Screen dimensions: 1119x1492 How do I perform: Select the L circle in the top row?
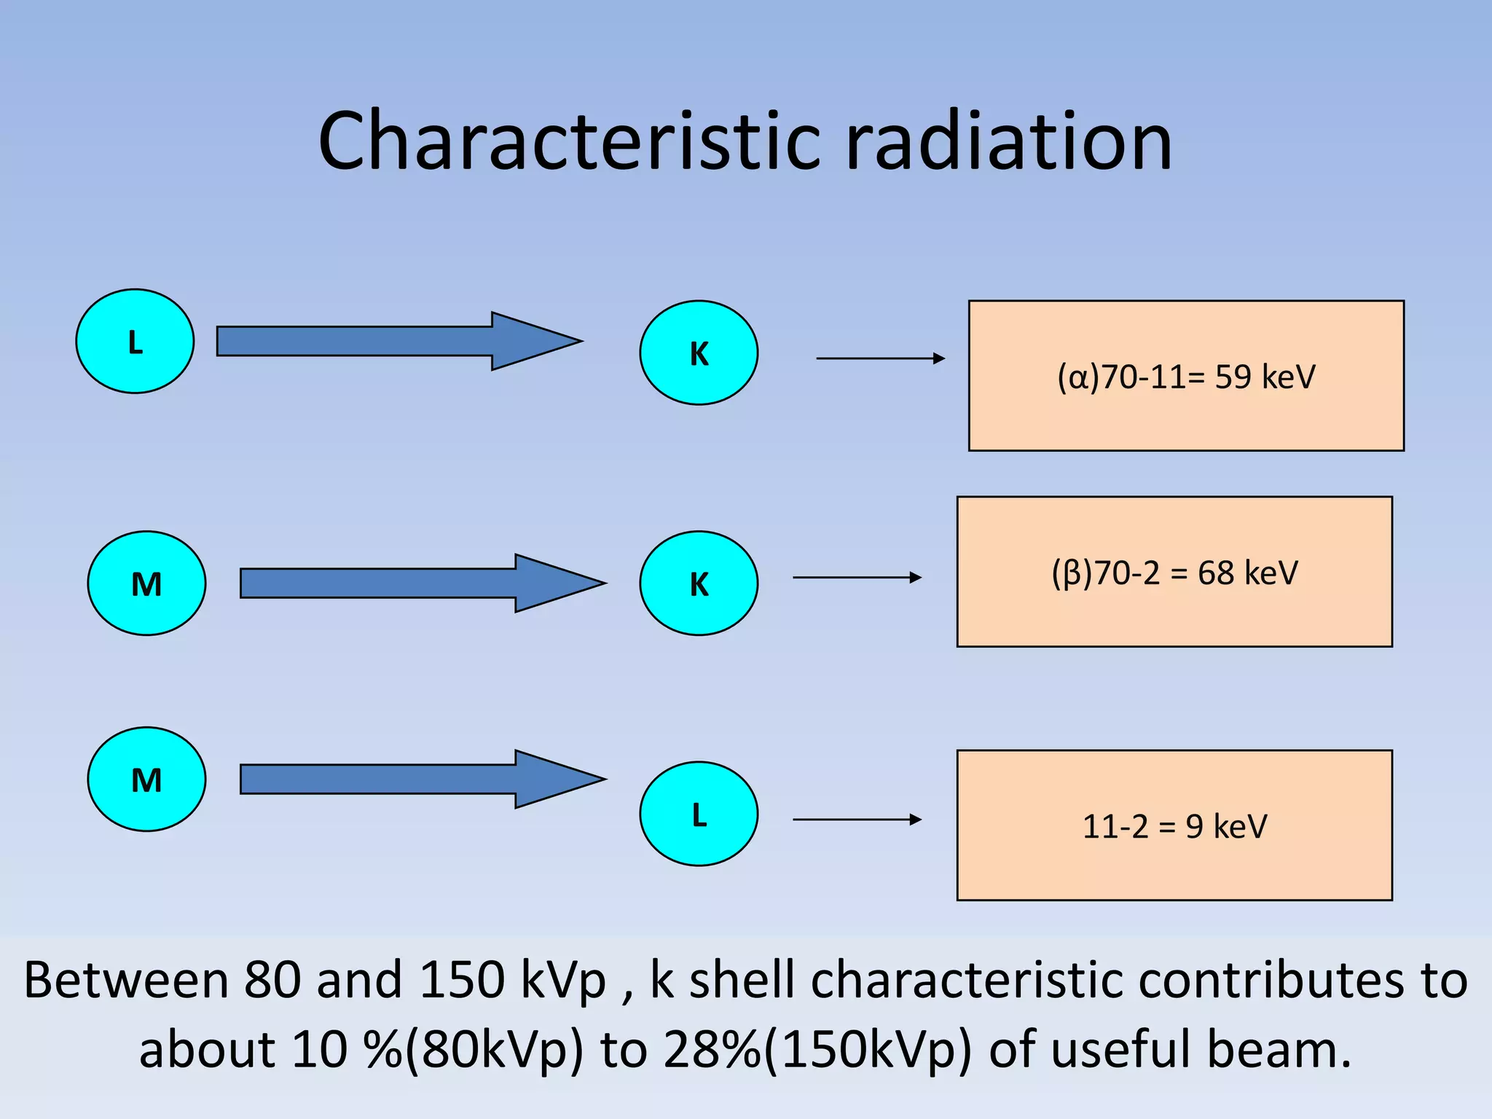point(135,341)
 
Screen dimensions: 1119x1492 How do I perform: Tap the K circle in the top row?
point(699,353)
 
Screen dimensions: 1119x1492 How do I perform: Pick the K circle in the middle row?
point(699,583)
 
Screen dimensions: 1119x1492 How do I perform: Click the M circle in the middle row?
point(146,583)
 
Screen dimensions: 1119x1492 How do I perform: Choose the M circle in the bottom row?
point(146,779)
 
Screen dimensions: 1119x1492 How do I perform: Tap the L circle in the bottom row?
point(699,814)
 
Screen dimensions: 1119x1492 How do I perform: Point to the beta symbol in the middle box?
point(1072,573)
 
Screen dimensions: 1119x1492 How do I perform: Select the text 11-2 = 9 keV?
point(1174,826)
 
